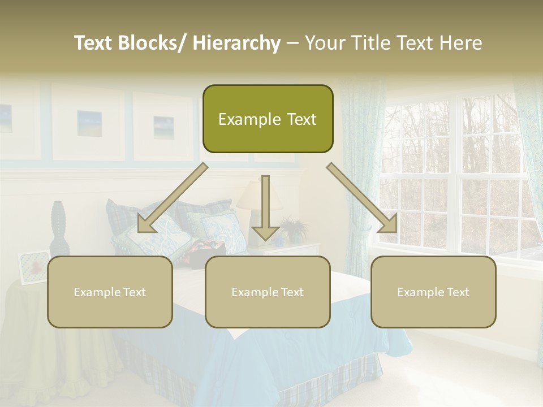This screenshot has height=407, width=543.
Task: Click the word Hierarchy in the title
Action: click(236, 43)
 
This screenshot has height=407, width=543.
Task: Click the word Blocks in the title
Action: click(149, 43)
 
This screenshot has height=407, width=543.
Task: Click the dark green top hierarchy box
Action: click(268, 119)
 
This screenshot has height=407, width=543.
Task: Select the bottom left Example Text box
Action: click(110, 292)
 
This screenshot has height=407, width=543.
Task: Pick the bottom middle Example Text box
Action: click(268, 292)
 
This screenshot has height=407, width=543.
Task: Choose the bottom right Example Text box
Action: click(433, 292)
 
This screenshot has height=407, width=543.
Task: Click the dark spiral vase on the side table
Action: click(59, 228)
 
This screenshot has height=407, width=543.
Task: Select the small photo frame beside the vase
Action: click(33, 266)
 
